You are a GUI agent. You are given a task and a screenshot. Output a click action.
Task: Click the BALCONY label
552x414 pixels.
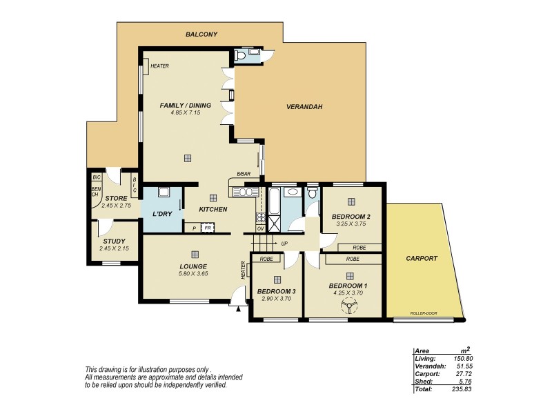(201, 34)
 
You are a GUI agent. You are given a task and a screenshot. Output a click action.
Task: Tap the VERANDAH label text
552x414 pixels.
(304, 107)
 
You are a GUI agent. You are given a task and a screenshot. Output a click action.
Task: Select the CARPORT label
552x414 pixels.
(421, 259)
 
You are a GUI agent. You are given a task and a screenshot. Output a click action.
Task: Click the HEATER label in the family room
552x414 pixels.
(159, 66)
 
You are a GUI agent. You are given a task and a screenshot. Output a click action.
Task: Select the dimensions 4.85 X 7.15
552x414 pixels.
(186, 112)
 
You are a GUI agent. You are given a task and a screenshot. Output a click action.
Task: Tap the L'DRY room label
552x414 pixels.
(162, 214)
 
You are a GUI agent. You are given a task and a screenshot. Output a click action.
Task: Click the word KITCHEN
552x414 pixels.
(213, 209)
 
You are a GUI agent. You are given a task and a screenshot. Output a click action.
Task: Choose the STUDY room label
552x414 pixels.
(111, 241)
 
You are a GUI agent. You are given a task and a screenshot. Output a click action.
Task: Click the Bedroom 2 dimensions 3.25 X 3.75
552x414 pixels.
(351, 224)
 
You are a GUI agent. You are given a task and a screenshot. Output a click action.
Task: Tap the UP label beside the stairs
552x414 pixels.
(284, 244)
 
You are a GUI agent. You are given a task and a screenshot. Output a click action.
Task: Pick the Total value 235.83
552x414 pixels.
(462, 389)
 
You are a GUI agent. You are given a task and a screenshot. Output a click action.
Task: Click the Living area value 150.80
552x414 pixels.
(462, 359)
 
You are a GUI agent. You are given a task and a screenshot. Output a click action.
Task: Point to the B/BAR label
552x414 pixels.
(243, 174)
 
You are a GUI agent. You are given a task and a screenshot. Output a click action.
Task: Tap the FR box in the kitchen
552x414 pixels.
(208, 226)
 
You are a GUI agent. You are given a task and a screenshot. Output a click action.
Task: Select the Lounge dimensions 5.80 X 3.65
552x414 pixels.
(193, 273)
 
